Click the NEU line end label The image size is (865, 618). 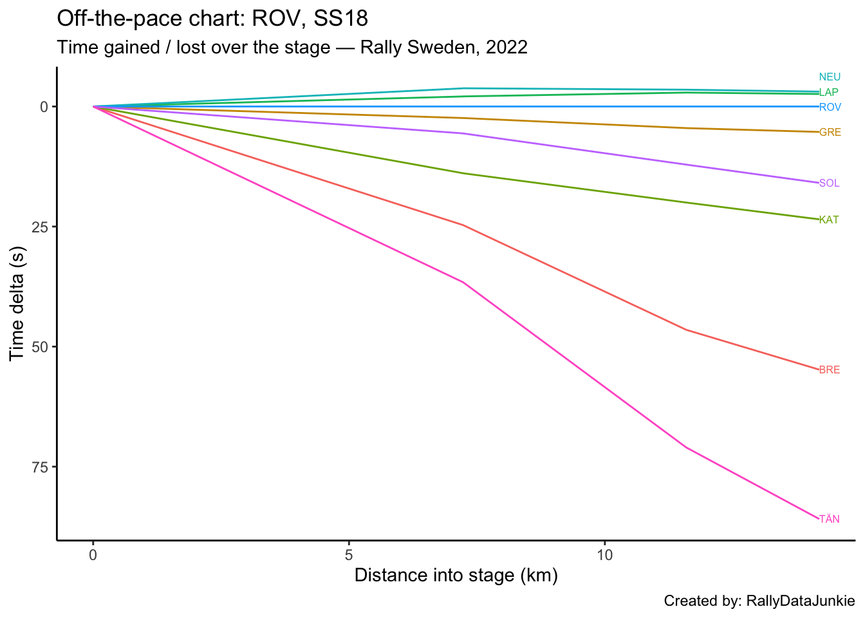coord(830,77)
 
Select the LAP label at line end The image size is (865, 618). coord(828,93)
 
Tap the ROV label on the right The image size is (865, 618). coord(830,107)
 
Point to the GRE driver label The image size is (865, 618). coord(830,133)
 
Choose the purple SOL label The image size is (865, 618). coord(829,183)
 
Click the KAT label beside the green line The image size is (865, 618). coord(829,220)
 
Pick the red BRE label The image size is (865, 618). coord(829,370)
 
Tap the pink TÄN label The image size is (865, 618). coord(829,520)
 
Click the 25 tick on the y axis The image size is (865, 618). coord(41,227)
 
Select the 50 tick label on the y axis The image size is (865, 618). coord(41,347)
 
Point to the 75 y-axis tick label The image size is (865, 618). coord(41,467)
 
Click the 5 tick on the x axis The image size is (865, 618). coord(349,554)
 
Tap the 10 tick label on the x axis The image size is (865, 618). coord(604,554)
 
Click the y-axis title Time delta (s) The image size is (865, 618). coord(18,303)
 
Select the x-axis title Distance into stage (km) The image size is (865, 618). coord(456,576)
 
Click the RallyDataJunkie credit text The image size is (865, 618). coord(800,601)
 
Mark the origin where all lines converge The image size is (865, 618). coord(94,106)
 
